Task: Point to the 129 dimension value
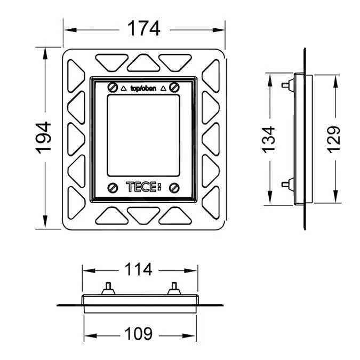point(333,139)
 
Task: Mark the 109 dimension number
point(141,334)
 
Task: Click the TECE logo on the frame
point(142,187)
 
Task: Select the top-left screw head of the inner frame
point(112,87)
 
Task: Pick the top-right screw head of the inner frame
point(174,87)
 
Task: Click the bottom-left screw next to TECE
point(112,188)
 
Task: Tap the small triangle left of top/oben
point(124,89)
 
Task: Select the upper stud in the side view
point(285,84)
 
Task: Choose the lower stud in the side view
point(285,185)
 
